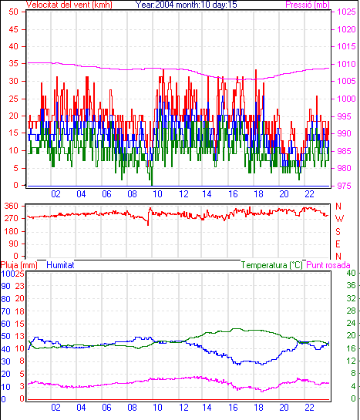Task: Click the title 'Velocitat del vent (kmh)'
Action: click(69, 5)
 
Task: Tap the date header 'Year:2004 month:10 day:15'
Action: click(187, 5)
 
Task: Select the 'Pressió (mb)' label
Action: click(308, 5)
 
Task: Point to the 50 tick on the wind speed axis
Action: click(13, 12)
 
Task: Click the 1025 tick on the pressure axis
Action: click(346, 12)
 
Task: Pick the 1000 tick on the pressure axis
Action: click(346, 99)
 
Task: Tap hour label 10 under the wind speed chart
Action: click(157, 194)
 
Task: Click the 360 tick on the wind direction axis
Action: click(11, 206)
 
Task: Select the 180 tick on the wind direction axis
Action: click(11, 231)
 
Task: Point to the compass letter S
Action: click(338, 231)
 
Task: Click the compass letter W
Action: click(339, 219)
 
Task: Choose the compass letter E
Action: click(338, 244)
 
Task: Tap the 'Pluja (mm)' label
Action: click(19, 265)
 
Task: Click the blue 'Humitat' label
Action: click(60, 265)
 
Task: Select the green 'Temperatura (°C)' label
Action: click(271, 265)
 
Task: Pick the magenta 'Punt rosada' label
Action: click(328, 265)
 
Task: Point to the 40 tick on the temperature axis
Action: click(351, 273)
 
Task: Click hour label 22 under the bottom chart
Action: click(309, 408)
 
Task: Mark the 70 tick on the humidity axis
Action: click(5, 311)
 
